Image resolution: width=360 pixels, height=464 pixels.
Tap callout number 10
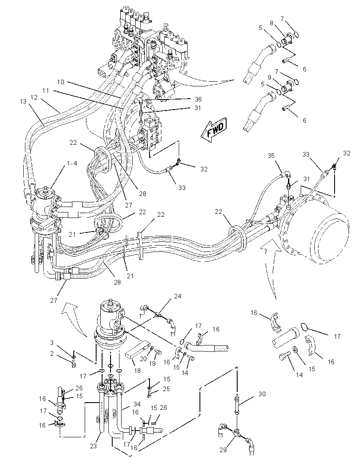pyautogui.click(x=61, y=82)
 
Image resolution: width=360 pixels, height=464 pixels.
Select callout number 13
pyautogui.click(x=23, y=102)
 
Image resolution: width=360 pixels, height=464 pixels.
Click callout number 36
pyautogui.click(x=197, y=99)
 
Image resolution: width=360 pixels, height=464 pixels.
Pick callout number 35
pyautogui.click(x=271, y=156)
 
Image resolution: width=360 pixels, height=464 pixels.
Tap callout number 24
pyautogui.click(x=177, y=296)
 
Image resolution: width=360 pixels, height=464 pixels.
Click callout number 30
pyautogui.click(x=262, y=394)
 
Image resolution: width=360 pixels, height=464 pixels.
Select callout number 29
pyautogui.click(x=223, y=450)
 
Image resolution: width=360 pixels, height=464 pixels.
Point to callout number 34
pyautogui.click(x=137, y=404)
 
